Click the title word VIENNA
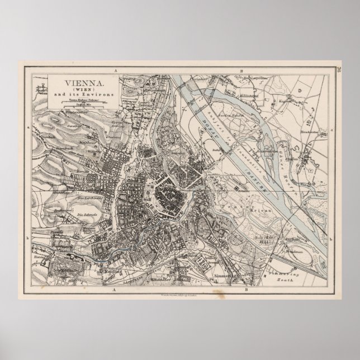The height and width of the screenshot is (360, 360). click(69, 82)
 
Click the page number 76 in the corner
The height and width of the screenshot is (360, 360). click(339, 69)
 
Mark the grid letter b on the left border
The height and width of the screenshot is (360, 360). click(28, 238)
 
